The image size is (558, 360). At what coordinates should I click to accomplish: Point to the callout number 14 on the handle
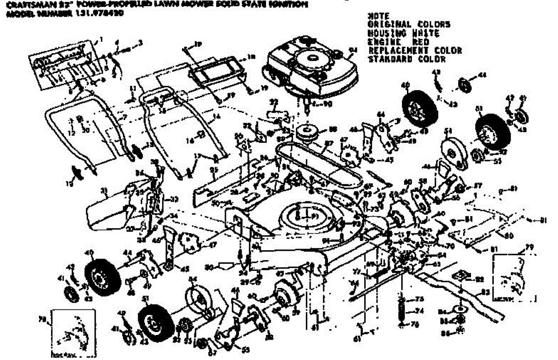(x=215, y=117)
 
